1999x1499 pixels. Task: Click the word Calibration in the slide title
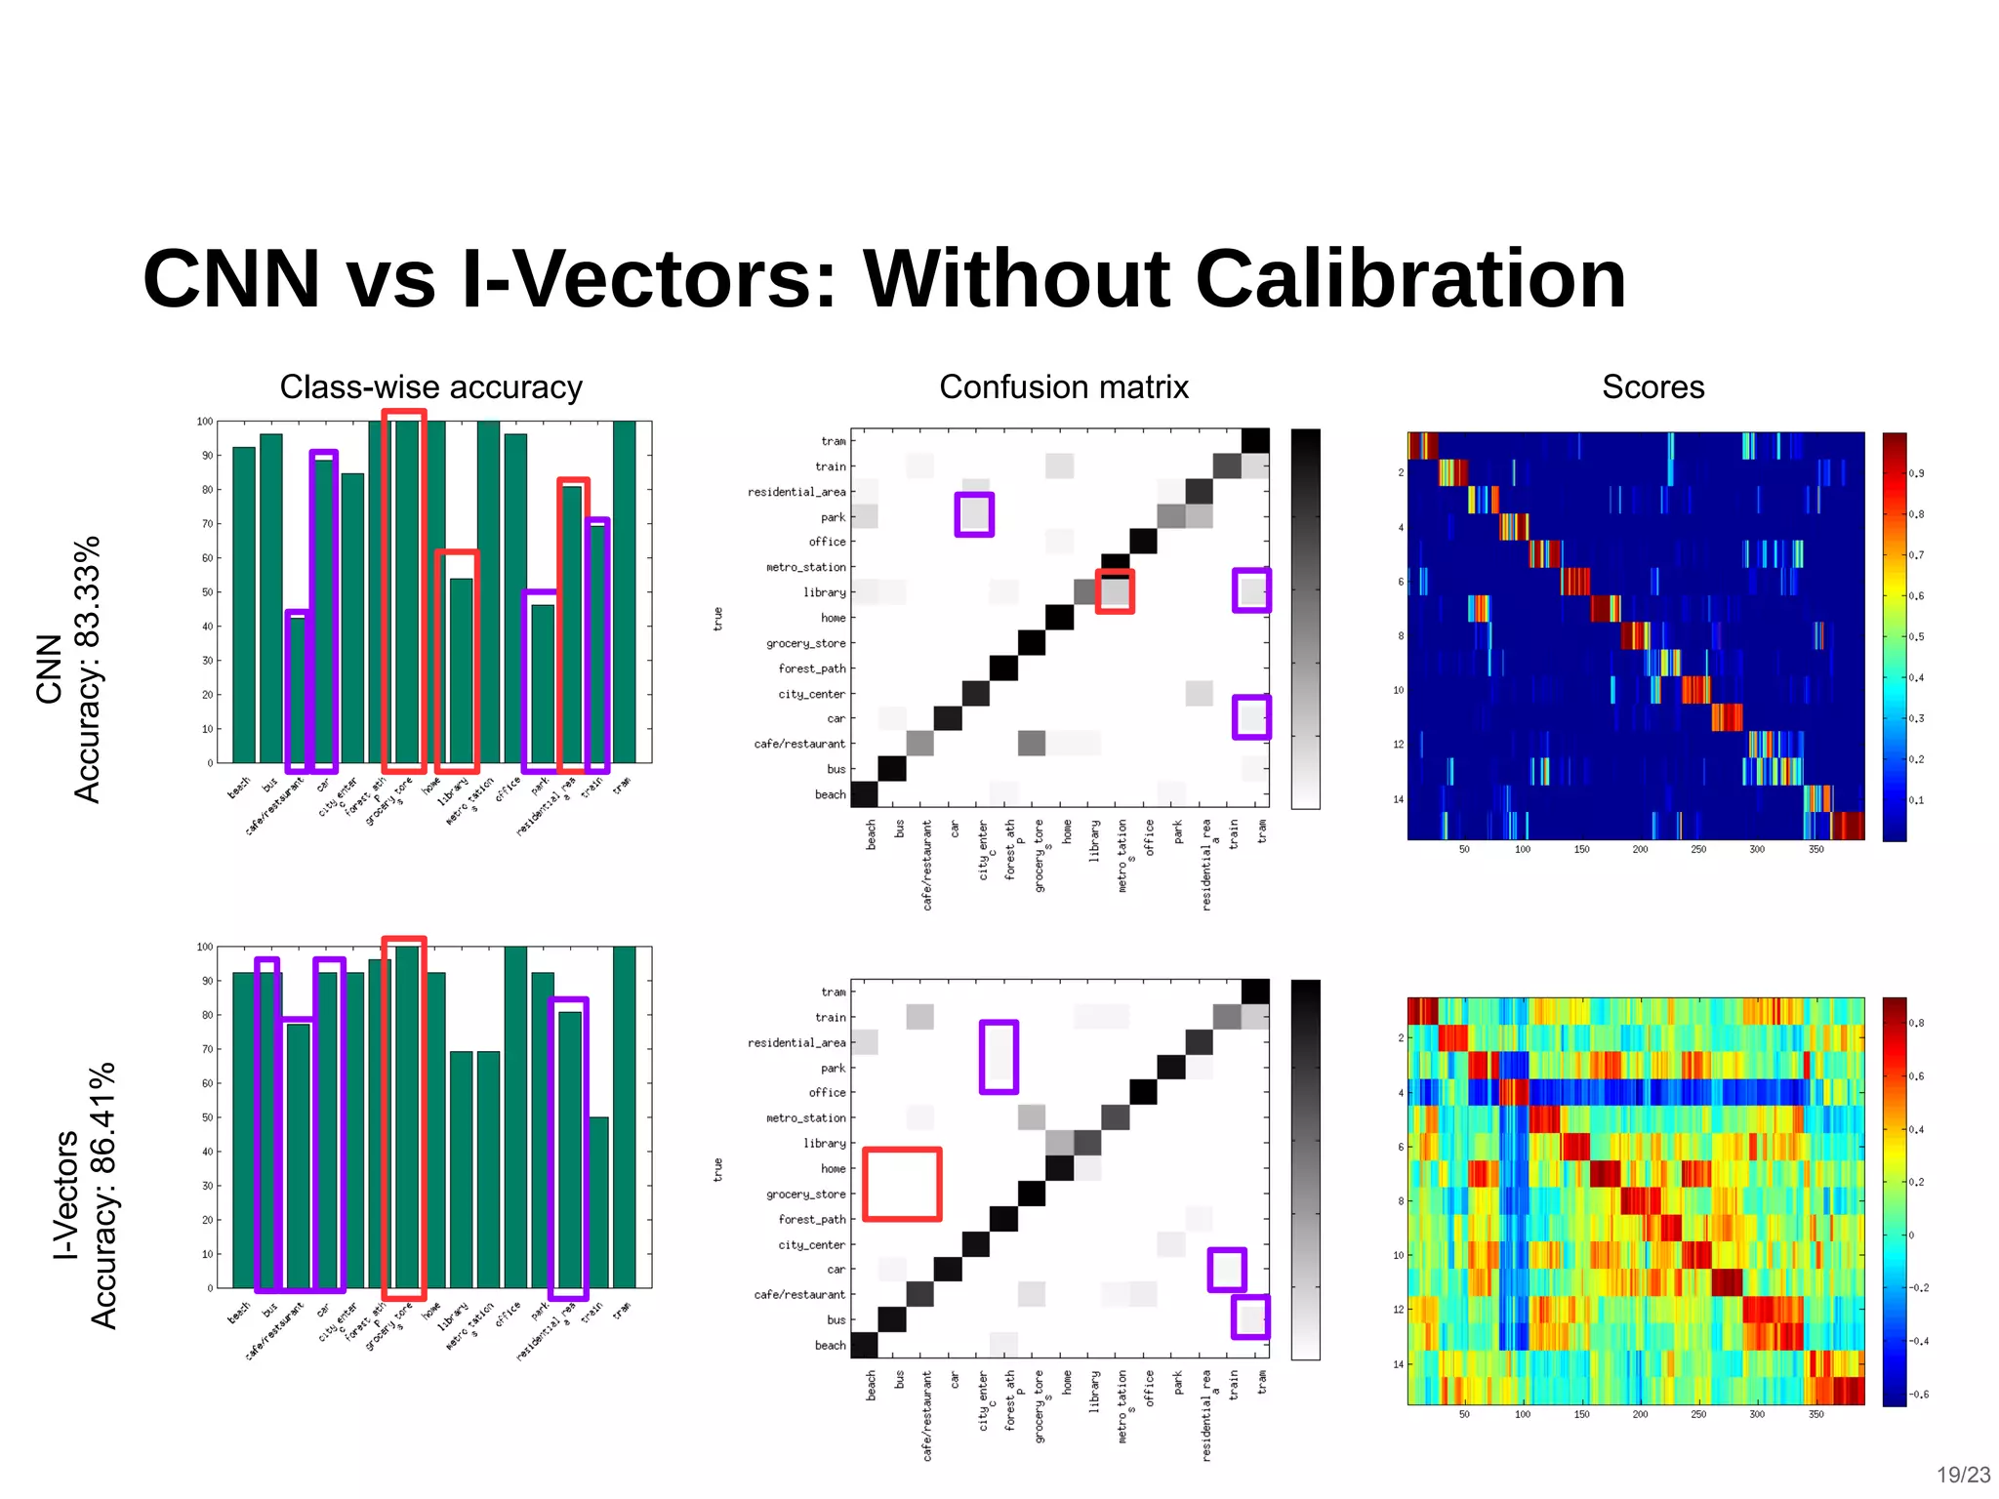click(x=1409, y=280)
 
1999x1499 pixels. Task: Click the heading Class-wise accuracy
click(x=430, y=387)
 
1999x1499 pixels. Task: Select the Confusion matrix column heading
click(x=1063, y=387)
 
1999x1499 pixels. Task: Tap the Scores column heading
click(x=1652, y=387)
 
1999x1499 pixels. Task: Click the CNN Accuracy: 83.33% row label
click(x=68, y=669)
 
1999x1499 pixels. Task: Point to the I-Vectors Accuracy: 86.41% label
click(x=85, y=1195)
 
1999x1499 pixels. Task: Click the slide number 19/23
click(x=1963, y=1475)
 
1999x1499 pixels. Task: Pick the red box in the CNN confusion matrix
click(x=1115, y=591)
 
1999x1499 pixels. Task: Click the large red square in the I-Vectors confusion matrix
click(x=902, y=1184)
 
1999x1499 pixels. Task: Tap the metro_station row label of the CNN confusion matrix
click(x=806, y=567)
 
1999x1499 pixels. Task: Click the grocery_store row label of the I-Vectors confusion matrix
click(x=806, y=1195)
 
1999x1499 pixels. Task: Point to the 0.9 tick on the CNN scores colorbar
click(x=1916, y=473)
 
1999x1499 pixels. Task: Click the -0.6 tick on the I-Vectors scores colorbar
click(x=1917, y=1395)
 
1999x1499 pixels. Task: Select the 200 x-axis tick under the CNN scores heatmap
click(x=1640, y=850)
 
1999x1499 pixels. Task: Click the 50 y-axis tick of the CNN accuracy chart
click(x=207, y=592)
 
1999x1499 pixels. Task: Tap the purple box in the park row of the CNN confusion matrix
click(x=974, y=514)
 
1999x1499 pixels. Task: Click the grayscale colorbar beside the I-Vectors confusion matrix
click(x=1305, y=1169)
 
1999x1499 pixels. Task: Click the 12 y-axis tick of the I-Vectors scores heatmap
click(x=1398, y=1310)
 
